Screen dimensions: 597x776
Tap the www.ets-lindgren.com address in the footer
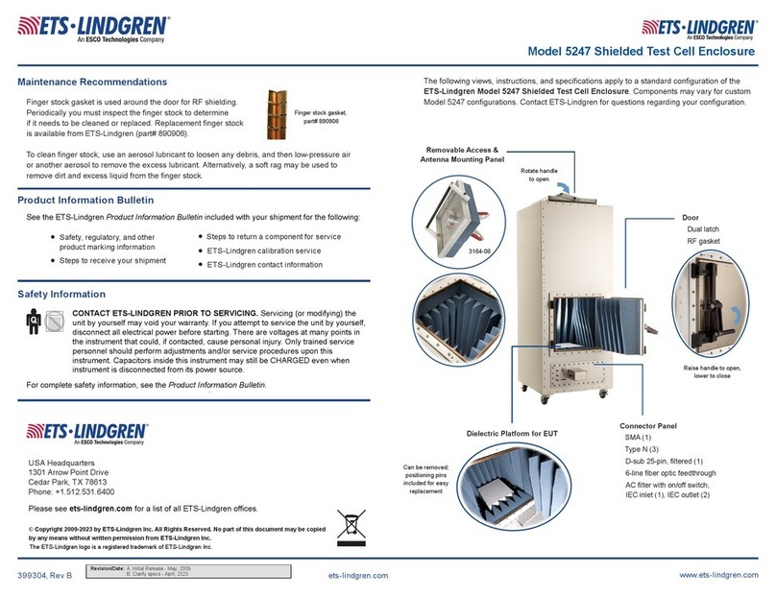(724, 574)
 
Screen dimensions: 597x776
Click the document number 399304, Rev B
(45, 574)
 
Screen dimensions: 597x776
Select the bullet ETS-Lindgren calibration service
(264, 251)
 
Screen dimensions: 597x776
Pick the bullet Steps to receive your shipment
(112, 261)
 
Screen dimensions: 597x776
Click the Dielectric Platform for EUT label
(512, 434)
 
